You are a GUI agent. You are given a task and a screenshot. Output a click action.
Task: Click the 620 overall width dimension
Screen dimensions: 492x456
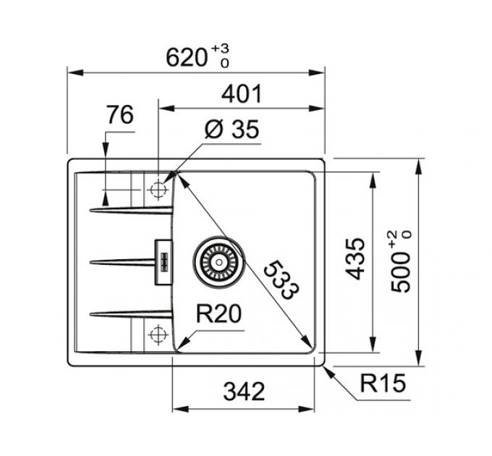point(187,58)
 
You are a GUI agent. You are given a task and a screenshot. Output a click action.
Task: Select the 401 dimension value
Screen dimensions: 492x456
point(241,93)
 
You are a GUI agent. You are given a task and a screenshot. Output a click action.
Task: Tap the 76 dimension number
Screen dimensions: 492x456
point(120,114)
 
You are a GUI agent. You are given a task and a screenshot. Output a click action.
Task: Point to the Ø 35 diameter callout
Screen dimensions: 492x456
point(232,129)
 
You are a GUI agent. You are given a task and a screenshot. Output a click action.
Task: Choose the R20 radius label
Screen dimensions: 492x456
point(219,313)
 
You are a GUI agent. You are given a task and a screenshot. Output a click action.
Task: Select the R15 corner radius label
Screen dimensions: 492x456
point(383,383)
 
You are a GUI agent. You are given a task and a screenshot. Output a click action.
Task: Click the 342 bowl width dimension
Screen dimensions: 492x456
point(244,392)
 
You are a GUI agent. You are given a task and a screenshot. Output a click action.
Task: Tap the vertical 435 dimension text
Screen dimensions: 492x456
point(355,259)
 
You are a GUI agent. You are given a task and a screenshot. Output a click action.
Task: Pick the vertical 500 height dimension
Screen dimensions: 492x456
point(401,271)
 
